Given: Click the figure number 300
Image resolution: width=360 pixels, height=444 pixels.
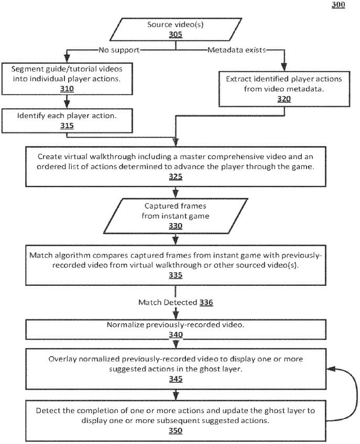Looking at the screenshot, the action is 338,5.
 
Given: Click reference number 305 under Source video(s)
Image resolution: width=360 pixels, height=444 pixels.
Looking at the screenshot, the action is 176,34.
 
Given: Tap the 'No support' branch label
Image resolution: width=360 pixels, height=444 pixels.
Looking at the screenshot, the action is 119,50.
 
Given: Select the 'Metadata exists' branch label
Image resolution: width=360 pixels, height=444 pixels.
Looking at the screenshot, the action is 237,50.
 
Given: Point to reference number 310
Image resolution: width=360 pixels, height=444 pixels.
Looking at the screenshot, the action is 67,88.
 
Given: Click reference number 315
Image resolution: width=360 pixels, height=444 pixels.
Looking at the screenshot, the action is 67,126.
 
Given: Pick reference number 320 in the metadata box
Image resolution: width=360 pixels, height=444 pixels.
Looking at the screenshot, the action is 284,99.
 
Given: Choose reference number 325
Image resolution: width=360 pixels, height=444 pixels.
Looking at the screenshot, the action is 176,176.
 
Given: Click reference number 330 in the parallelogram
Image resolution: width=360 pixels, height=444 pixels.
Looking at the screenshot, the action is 176,226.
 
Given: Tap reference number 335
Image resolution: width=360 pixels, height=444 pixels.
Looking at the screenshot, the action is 176,275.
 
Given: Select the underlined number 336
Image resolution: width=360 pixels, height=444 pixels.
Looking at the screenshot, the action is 206,303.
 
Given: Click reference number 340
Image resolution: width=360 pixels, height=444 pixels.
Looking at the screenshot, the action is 176,335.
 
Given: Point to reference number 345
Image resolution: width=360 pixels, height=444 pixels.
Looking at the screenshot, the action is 176,379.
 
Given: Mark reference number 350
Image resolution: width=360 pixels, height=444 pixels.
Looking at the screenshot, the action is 176,430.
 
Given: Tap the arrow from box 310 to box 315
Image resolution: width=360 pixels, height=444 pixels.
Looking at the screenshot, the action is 67,102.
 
